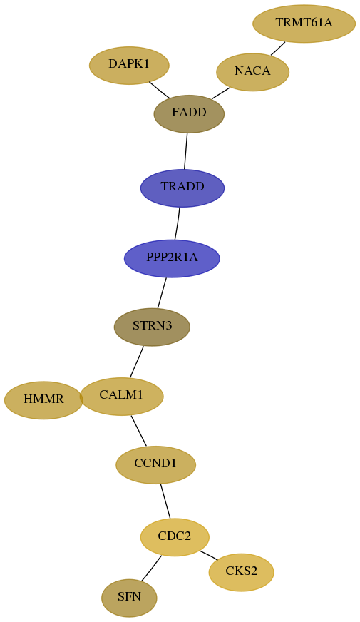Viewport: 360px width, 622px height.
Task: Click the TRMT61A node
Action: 304,24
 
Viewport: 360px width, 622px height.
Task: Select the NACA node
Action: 252,72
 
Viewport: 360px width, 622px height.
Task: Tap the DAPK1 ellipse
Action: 129,66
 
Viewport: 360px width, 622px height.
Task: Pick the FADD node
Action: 189,114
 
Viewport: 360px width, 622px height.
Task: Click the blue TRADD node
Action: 182,188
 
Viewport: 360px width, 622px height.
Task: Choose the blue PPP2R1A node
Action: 172,259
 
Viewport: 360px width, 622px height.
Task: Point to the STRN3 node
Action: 153,327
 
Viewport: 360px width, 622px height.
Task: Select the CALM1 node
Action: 121,397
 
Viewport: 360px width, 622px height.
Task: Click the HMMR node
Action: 43,400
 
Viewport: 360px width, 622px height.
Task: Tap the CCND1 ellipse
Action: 156,465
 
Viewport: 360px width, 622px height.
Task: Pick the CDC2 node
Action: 175,537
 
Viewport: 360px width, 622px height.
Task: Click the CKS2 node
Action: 242,572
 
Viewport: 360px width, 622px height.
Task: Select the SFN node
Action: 129,598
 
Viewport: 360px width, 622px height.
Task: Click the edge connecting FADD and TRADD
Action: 185,151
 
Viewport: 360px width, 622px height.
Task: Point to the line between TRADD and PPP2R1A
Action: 178,224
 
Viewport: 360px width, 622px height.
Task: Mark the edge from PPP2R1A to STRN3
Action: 162,292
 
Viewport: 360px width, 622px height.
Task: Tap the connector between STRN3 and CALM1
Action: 137,362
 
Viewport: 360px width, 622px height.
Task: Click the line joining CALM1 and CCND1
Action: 139,431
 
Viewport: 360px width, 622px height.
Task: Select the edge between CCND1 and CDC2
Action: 165,501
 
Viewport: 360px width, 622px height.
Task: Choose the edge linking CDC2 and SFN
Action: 151,569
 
